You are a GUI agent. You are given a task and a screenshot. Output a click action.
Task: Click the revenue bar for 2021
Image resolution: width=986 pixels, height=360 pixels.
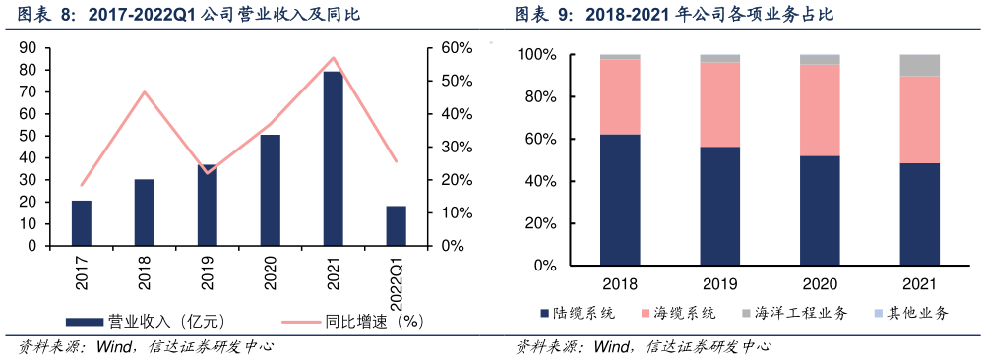coord(333,157)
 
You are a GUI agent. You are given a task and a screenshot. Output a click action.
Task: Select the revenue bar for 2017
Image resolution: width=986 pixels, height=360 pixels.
coord(82,222)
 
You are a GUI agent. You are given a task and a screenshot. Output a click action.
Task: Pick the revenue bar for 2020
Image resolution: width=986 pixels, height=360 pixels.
coord(270,190)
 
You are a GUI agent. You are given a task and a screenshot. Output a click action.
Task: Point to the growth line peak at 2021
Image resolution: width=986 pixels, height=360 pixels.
coord(333,58)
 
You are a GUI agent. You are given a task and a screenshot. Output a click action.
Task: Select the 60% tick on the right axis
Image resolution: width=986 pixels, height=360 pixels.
coord(456,48)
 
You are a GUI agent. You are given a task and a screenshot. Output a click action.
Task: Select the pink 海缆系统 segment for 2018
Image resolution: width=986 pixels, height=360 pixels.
coord(620,96)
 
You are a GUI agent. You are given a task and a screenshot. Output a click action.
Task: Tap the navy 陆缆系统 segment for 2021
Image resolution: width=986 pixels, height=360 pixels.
coord(919,213)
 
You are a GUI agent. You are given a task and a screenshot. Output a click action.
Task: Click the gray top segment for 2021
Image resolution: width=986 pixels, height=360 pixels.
coord(919,65)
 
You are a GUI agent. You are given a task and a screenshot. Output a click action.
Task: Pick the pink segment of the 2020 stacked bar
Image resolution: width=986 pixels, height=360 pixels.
coord(820,109)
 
